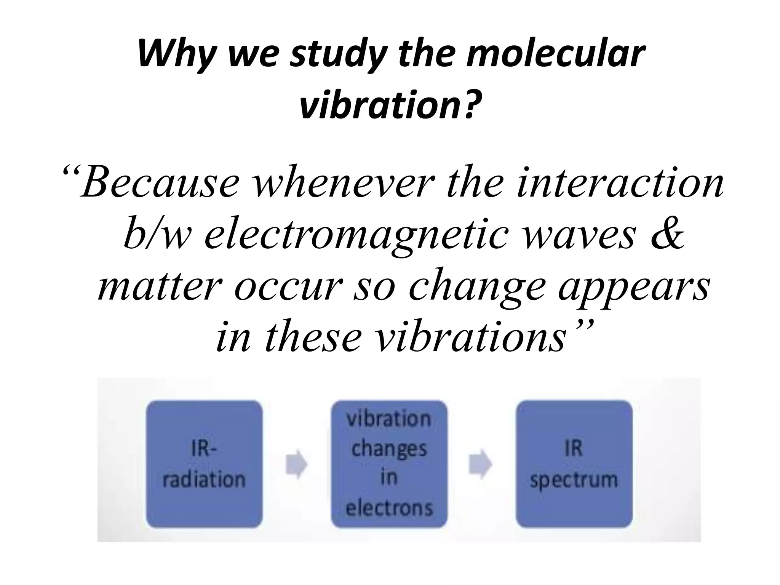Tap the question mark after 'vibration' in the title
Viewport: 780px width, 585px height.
tap(471, 104)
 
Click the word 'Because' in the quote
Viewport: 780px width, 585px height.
tap(160, 183)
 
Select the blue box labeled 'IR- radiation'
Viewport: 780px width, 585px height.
tap(205, 464)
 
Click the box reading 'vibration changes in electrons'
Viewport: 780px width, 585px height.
tap(389, 464)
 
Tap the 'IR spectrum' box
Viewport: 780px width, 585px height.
tap(574, 464)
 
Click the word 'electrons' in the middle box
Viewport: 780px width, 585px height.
tap(389, 508)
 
